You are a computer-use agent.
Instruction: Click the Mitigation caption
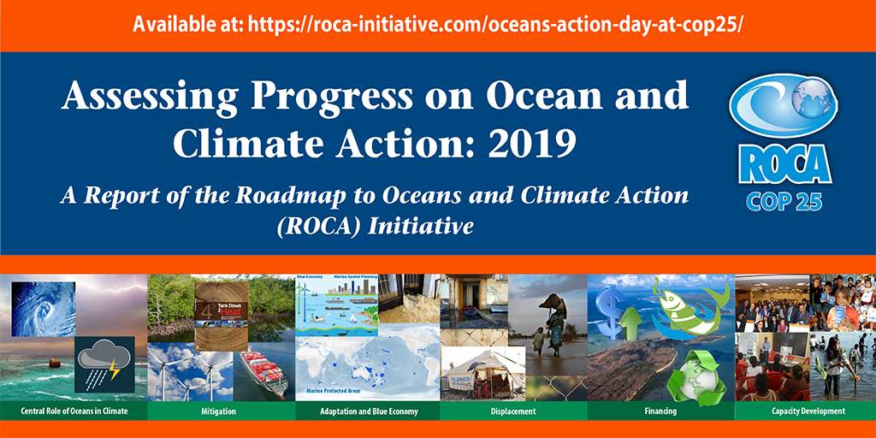pos(221,411)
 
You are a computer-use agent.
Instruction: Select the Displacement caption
pos(513,411)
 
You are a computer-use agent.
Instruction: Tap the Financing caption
pos(660,411)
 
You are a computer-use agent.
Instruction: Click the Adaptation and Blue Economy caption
pos(368,411)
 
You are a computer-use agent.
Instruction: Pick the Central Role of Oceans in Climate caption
pos(74,411)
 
